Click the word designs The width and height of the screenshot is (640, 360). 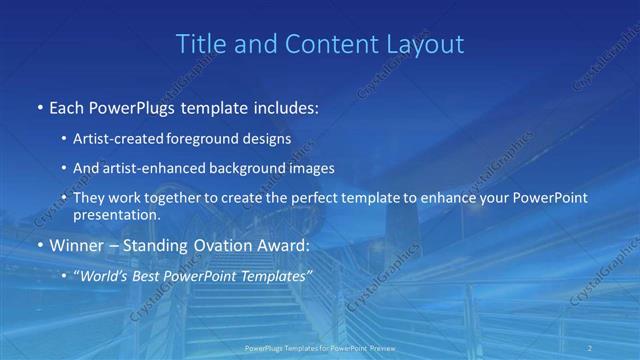click(x=269, y=139)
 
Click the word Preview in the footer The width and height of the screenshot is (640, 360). click(x=378, y=349)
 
